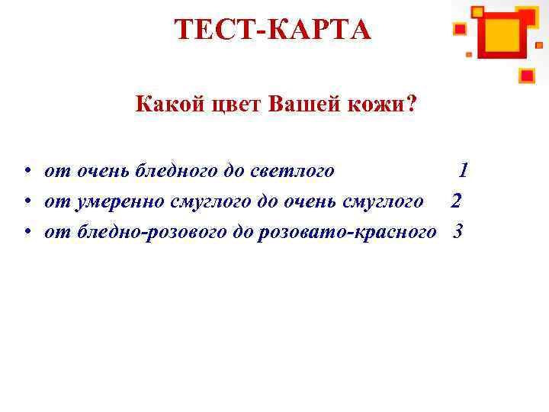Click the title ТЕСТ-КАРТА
272,30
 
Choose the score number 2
456,201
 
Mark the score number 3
457,231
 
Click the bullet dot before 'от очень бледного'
27,171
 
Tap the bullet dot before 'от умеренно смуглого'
27,201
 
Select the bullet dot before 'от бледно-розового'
27,232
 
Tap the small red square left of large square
460,29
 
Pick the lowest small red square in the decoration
527,75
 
